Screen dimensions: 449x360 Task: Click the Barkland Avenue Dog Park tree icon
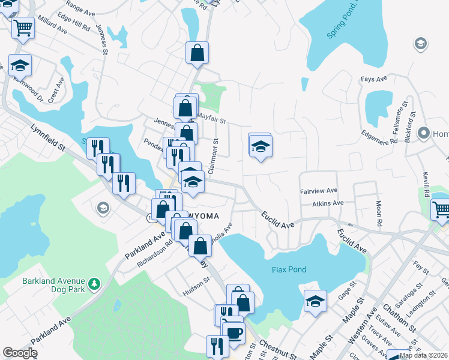(94, 283)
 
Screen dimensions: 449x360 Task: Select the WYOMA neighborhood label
(202, 215)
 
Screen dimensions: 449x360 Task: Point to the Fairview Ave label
(319, 191)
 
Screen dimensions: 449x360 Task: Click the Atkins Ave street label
(327, 203)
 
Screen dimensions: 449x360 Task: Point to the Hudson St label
(197, 280)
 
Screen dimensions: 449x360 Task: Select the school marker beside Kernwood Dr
(20, 64)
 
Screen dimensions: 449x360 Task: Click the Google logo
(20, 352)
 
